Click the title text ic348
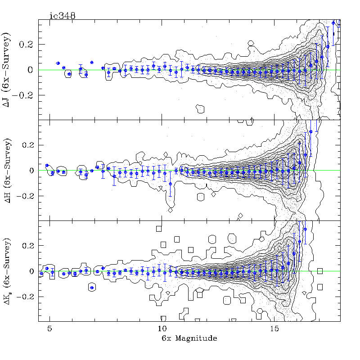[62, 15]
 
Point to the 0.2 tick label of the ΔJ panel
[29, 45]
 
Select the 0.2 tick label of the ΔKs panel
[29, 246]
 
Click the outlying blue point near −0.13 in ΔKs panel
[92, 288]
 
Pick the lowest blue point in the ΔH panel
[170, 184]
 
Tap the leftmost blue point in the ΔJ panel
[58, 63]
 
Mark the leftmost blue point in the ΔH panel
[47, 166]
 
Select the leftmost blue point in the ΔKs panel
[41, 273]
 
